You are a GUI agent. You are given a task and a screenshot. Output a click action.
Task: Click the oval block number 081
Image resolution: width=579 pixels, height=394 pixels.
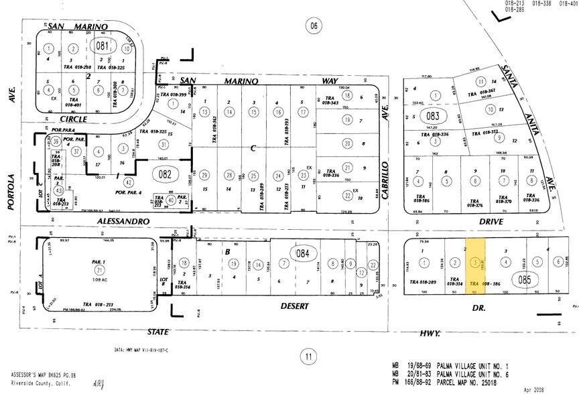(x=102, y=48)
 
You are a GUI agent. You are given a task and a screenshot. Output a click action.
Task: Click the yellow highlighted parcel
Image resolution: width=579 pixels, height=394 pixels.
(x=476, y=266)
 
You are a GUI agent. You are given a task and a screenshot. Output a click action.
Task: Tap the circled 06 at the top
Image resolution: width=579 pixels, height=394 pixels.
(x=312, y=26)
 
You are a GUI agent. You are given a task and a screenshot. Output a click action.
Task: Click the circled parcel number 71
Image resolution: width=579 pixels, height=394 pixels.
(x=101, y=269)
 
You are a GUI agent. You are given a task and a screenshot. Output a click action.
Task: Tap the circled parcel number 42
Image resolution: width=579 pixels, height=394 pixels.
(x=128, y=182)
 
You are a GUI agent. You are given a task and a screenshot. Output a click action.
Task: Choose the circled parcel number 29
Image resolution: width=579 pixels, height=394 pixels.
(x=204, y=175)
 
